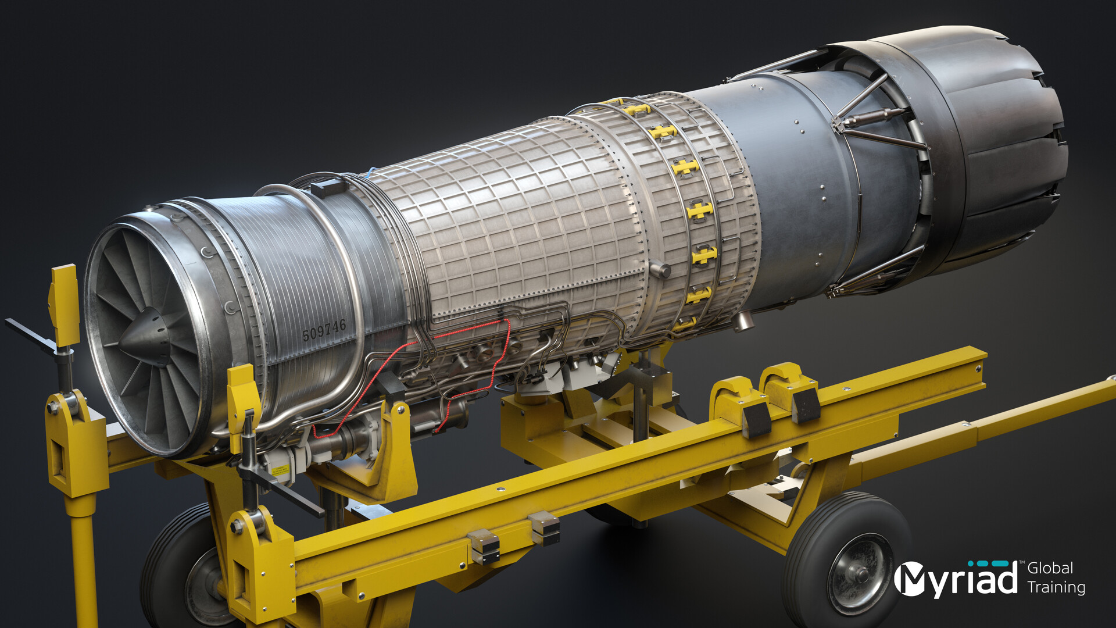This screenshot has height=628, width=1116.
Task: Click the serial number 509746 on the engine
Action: point(324,330)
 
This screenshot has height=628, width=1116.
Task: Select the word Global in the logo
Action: point(1050,568)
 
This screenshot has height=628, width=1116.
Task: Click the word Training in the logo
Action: point(1056,587)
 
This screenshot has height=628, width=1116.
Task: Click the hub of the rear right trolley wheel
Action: point(859,575)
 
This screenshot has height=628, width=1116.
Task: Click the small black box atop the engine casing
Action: point(329,188)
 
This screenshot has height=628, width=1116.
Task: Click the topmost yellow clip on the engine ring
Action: point(636,109)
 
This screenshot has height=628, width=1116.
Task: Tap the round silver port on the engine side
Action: point(660,269)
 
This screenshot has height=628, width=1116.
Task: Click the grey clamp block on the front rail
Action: point(484,547)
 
